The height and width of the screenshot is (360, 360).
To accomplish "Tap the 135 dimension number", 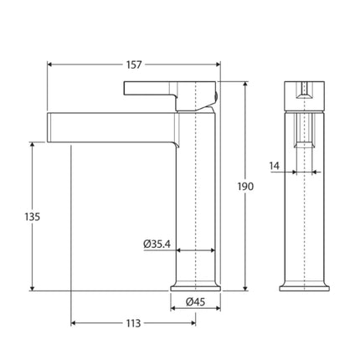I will (31, 216).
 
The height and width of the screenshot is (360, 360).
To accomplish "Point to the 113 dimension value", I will (133, 322).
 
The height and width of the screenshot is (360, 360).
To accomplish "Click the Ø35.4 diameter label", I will (158, 244).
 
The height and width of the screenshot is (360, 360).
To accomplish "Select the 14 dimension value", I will (275, 166).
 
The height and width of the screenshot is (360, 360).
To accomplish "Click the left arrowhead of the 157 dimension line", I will (50, 64).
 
